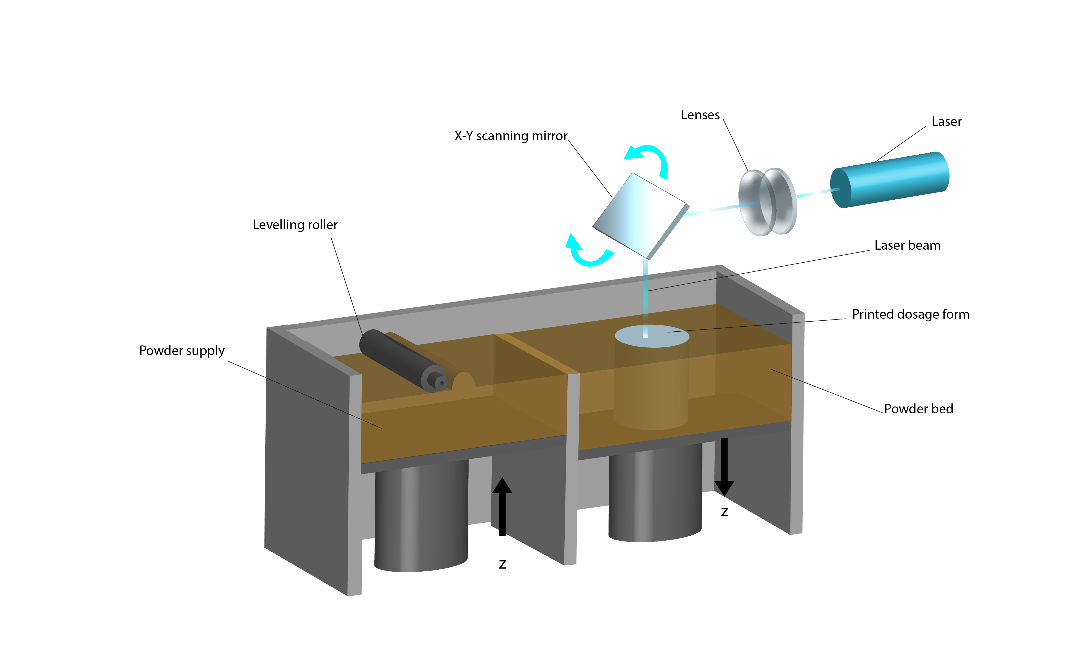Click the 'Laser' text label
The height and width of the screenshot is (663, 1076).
(x=946, y=121)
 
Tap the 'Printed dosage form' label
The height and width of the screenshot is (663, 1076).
(x=910, y=315)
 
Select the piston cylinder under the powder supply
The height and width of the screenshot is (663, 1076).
(x=421, y=517)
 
